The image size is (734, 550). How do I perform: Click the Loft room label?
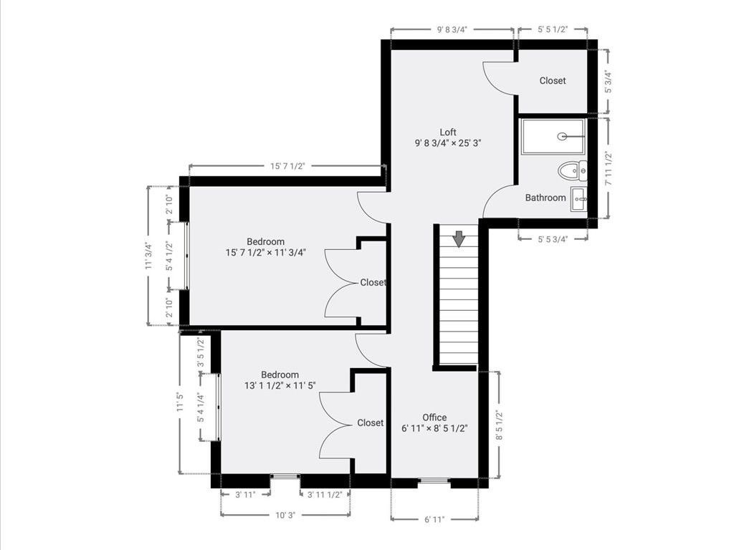pyautogui.click(x=448, y=132)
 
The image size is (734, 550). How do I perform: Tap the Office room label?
pyautogui.click(x=434, y=418)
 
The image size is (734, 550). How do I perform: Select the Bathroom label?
pyautogui.click(x=545, y=198)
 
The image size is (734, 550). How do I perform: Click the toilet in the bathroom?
pyautogui.click(x=573, y=170)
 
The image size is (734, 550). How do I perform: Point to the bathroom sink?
pyautogui.click(x=579, y=199)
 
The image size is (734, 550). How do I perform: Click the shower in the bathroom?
pyautogui.click(x=553, y=136)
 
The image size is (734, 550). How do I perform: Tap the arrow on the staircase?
pyautogui.click(x=459, y=238)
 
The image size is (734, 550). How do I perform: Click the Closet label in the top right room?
pyautogui.click(x=553, y=80)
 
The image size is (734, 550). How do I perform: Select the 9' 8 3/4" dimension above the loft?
pyautogui.click(x=452, y=29)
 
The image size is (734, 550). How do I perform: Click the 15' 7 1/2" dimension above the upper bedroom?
pyautogui.click(x=287, y=165)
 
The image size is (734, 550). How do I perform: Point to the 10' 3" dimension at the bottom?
pyautogui.click(x=285, y=515)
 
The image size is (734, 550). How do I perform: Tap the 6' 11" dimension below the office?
pyautogui.click(x=434, y=518)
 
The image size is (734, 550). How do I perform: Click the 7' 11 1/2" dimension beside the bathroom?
pyautogui.click(x=608, y=168)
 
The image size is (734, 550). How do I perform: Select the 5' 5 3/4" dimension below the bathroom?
pyautogui.click(x=553, y=239)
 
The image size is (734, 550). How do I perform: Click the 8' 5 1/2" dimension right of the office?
pyautogui.click(x=499, y=425)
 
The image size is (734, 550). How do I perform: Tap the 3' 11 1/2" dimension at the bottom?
pyautogui.click(x=325, y=494)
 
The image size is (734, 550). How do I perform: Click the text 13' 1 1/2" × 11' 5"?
pyautogui.click(x=280, y=385)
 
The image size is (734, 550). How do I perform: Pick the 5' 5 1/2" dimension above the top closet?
pyautogui.click(x=553, y=29)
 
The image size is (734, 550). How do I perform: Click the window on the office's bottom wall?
pyautogui.click(x=434, y=481)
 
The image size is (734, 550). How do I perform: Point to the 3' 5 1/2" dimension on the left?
pyautogui.click(x=201, y=352)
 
